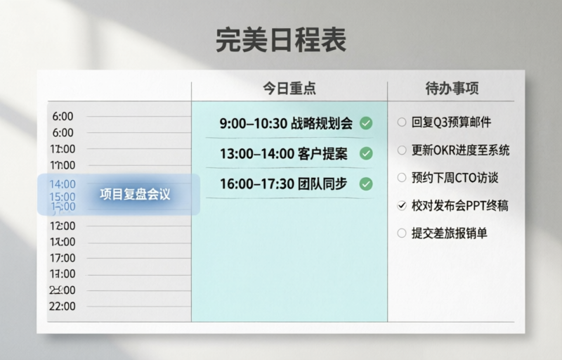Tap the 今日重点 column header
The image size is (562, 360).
point(289,89)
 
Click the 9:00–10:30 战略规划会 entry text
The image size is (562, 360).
point(286,124)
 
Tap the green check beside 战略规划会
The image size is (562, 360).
point(366,124)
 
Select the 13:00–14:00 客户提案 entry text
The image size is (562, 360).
point(286,154)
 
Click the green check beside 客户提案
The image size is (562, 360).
point(366,154)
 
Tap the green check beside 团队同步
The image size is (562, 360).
point(366,184)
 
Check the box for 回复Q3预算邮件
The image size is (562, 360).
point(402,122)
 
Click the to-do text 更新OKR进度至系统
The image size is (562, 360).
point(460,150)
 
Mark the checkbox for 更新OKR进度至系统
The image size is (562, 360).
point(402,150)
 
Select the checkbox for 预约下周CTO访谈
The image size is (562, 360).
point(402,178)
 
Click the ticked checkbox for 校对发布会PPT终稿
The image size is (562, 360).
point(402,205)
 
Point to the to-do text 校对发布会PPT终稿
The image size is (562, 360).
point(460,205)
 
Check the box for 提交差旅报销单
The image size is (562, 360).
point(402,233)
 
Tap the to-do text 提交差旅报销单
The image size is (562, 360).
point(450,233)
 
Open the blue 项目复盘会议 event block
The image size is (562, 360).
point(119,194)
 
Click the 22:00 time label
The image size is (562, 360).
point(63,307)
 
